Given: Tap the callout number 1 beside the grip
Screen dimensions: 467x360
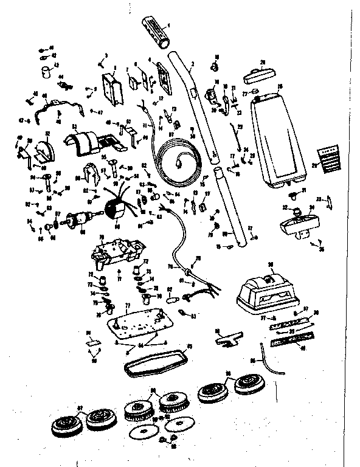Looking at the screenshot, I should (x=168, y=25).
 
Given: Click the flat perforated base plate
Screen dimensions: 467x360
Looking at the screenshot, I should (x=137, y=322).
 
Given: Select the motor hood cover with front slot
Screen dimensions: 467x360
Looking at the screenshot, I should (x=265, y=291).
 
